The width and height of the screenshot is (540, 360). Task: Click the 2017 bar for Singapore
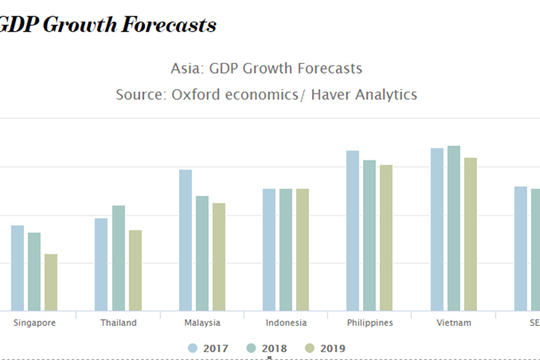(x=18, y=268)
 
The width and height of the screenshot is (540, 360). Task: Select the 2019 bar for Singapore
(x=51, y=282)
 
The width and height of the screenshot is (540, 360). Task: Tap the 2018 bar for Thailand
(x=118, y=258)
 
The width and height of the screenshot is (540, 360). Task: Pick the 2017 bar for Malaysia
(x=186, y=240)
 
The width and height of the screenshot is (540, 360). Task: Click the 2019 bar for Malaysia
(x=219, y=257)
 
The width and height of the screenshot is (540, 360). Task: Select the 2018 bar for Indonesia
(x=286, y=249)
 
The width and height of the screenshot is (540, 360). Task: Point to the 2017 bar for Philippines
(x=353, y=231)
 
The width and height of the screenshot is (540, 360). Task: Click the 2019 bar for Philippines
(x=386, y=238)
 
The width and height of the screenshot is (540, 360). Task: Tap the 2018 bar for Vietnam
(x=454, y=228)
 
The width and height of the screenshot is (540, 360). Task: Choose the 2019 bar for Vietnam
(x=470, y=234)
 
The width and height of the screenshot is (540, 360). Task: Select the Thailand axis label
(x=118, y=323)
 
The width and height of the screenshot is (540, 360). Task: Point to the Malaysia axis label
(x=202, y=323)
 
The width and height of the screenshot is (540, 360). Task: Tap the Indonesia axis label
(x=286, y=323)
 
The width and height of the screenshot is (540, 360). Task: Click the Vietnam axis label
(x=454, y=323)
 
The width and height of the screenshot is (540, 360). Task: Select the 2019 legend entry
(x=325, y=348)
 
